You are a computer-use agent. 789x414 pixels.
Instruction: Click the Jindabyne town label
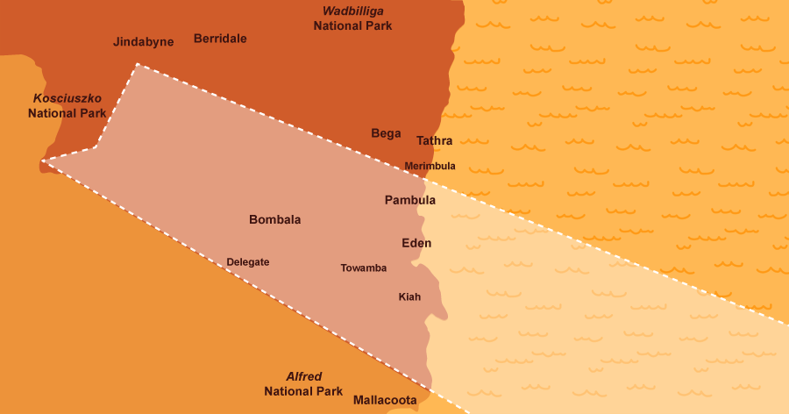tap(144, 41)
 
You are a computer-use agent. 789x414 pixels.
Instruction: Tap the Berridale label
tap(220, 39)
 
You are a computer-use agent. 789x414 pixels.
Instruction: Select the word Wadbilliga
tap(353, 11)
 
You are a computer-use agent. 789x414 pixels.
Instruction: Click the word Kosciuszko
tap(68, 98)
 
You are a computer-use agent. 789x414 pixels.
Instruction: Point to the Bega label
tap(386, 133)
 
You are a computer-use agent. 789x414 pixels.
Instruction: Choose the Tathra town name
tap(435, 140)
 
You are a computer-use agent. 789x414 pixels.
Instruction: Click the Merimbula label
tap(430, 166)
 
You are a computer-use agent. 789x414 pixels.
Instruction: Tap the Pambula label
tap(410, 200)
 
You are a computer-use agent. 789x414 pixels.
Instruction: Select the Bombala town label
tap(274, 219)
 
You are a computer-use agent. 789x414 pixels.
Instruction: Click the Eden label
tap(416, 243)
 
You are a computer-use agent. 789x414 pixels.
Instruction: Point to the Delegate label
tap(248, 261)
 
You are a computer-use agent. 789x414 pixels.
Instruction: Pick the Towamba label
tap(364, 268)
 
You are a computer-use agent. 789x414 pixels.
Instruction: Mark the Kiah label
tap(409, 296)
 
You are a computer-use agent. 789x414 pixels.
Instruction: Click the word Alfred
tap(304, 376)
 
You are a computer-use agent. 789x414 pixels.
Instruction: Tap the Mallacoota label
tap(385, 400)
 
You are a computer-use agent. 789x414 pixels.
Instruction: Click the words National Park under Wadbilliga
tap(352, 25)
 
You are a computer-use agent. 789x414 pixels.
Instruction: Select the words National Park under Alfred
tap(303, 391)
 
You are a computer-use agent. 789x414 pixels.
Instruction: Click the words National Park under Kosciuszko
tap(68, 113)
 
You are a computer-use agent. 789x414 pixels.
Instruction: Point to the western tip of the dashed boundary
tap(42, 161)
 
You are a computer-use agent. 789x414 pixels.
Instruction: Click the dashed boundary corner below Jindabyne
tap(137, 64)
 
